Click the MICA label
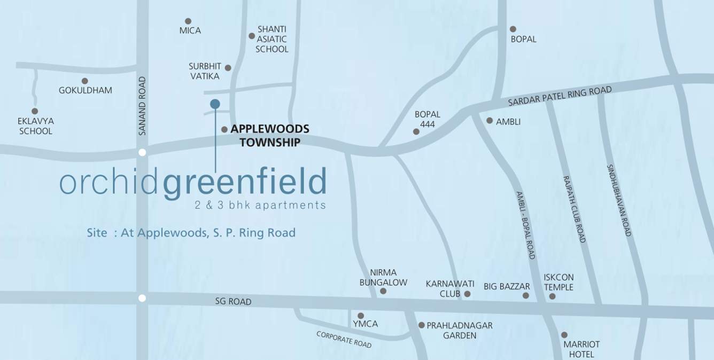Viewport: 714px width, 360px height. [x=190, y=30]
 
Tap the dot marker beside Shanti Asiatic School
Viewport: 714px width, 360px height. [x=252, y=36]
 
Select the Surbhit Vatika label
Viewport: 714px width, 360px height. [x=205, y=71]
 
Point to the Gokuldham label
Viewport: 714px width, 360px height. [x=86, y=90]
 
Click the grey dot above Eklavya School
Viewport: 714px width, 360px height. [x=35, y=111]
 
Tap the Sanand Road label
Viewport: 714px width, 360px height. [x=142, y=106]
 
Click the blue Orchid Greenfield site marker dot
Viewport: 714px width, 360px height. [x=215, y=104]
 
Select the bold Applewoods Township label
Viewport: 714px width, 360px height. [x=269, y=136]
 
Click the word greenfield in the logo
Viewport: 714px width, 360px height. [x=244, y=183]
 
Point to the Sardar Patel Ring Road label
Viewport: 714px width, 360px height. [x=560, y=97]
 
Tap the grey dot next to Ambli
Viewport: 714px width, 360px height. [x=490, y=121]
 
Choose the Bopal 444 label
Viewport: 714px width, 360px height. [x=428, y=119]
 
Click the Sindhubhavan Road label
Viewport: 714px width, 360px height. [x=619, y=200]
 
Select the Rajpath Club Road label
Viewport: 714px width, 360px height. [x=575, y=209]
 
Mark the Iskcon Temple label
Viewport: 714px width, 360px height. [x=558, y=282]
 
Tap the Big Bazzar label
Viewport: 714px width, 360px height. [x=507, y=287]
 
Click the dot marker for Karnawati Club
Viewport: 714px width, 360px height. [x=468, y=294]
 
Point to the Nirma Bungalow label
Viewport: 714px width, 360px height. [x=383, y=277]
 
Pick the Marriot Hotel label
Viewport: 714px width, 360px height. [x=581, y=349]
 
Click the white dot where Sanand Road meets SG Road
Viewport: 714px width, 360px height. [x=142, y=298]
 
